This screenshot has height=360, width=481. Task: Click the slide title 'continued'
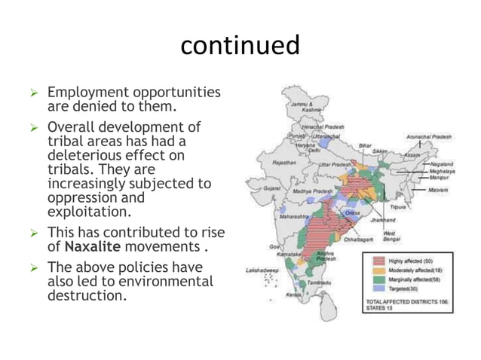pyautogui.click(x=240, y=45)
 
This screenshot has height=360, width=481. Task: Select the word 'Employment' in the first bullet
pyautogui.click(x=84, y=93)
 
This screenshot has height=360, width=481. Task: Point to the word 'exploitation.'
pyautogui.click(x=88, y=212)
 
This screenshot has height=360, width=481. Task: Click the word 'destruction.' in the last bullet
pyautogui.click(x=87, y=295)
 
